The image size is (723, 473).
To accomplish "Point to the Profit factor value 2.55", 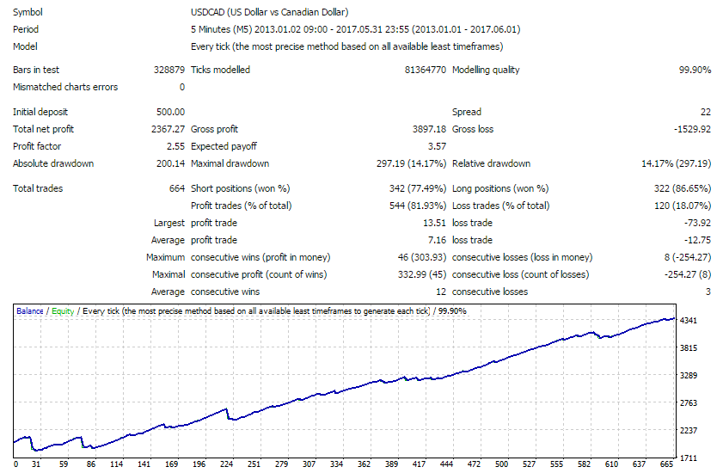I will click(x=175, y=146).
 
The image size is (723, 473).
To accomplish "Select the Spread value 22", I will click(x=705, y=112).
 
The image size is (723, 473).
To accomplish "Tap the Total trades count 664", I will click(x=177, y=188).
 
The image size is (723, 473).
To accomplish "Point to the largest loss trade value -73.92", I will click(x=696, y=223).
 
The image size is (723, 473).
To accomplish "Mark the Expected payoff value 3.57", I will click(x=437, y=146).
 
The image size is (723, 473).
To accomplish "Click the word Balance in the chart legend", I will click(x=30, y=311).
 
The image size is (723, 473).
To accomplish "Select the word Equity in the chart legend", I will click(x=62, y=311).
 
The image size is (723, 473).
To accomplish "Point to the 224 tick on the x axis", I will click(x=227, y=464).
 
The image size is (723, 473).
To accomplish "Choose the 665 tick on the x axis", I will click(x=666, y=464).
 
